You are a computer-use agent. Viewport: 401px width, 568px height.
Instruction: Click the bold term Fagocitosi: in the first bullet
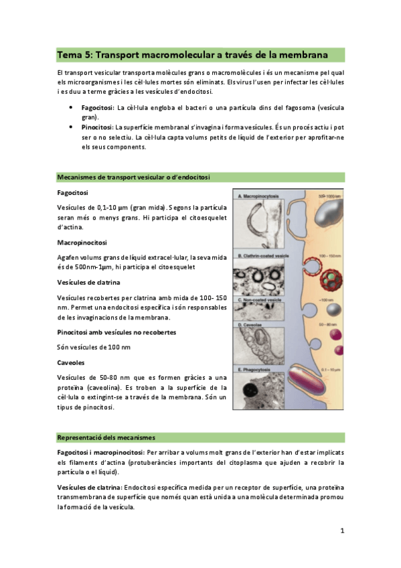pyautogui.click(x=97, y=107)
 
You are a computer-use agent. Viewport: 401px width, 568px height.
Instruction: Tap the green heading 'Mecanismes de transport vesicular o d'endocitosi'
pyautogui.click(x=134, y=177)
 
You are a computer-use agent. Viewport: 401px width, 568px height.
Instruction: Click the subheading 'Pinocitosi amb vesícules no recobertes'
pyautogui.click(x=117, y=332)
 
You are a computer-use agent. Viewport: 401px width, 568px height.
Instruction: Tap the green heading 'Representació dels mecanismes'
pyautogui.click(x=106, y=437)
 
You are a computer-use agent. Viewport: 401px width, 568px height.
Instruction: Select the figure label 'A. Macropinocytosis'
pyautogui.click(x=261, y=198)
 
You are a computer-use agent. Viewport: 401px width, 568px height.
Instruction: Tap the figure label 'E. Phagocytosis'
pyautogui.click(x=257, y=368)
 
